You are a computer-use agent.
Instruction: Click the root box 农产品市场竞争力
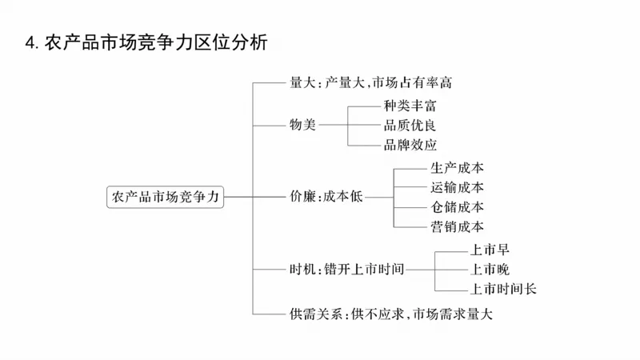(166, 196)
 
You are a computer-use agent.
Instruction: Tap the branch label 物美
(303, 125)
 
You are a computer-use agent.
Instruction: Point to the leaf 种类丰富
(410, 106)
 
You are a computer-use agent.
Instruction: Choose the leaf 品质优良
(410, 126)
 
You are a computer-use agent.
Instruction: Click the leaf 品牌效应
(410, 145)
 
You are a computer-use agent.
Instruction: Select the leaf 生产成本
(457, 168)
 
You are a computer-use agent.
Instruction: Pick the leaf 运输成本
(457, 188)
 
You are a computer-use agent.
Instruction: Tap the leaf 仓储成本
(457, 207)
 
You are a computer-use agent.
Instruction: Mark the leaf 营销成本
(457, 227)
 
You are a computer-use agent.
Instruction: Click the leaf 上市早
(490, 250)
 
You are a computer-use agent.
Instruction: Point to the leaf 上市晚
(490, 269)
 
